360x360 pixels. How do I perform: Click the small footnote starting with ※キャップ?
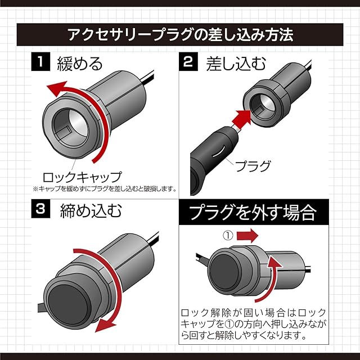coord(105,188)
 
